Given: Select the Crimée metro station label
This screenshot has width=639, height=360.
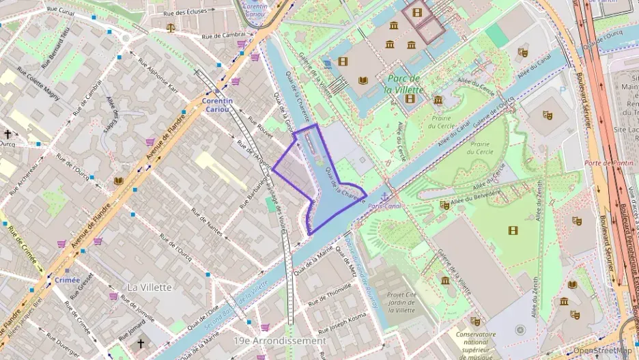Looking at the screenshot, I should (67, 279).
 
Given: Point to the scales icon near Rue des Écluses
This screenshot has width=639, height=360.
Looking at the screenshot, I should (171, 28).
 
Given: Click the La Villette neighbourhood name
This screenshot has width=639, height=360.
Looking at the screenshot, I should (150, 287).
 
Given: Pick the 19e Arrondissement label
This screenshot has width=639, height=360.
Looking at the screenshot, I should (279, 340).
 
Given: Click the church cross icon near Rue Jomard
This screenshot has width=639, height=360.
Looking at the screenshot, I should (141, 344).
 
